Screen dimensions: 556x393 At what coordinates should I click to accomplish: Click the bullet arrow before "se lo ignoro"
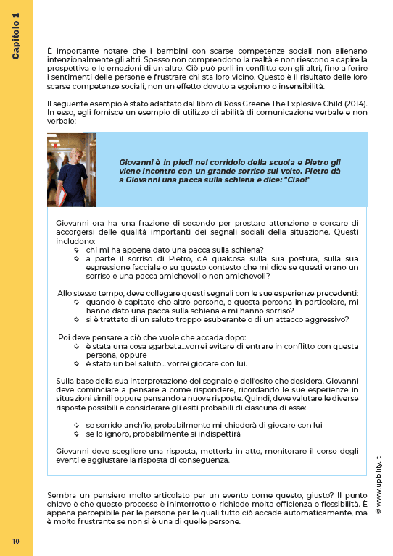coord(76,434)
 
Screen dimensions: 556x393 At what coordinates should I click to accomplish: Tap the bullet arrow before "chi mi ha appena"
coord(76,249)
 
